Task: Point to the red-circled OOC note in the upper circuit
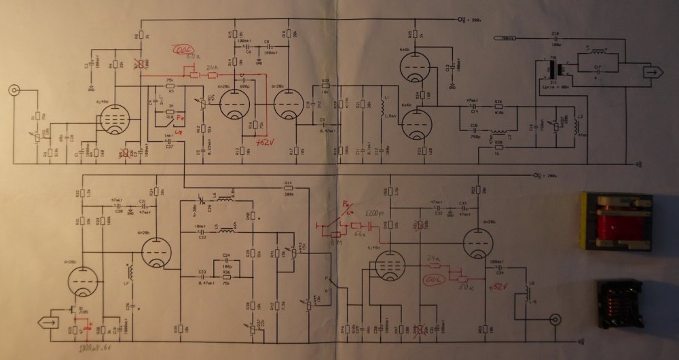(x=182, y=52)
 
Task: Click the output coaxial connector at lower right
(x=555, y=317)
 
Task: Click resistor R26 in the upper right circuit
(x=498, y=107)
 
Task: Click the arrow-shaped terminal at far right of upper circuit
(x=653, y=70)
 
